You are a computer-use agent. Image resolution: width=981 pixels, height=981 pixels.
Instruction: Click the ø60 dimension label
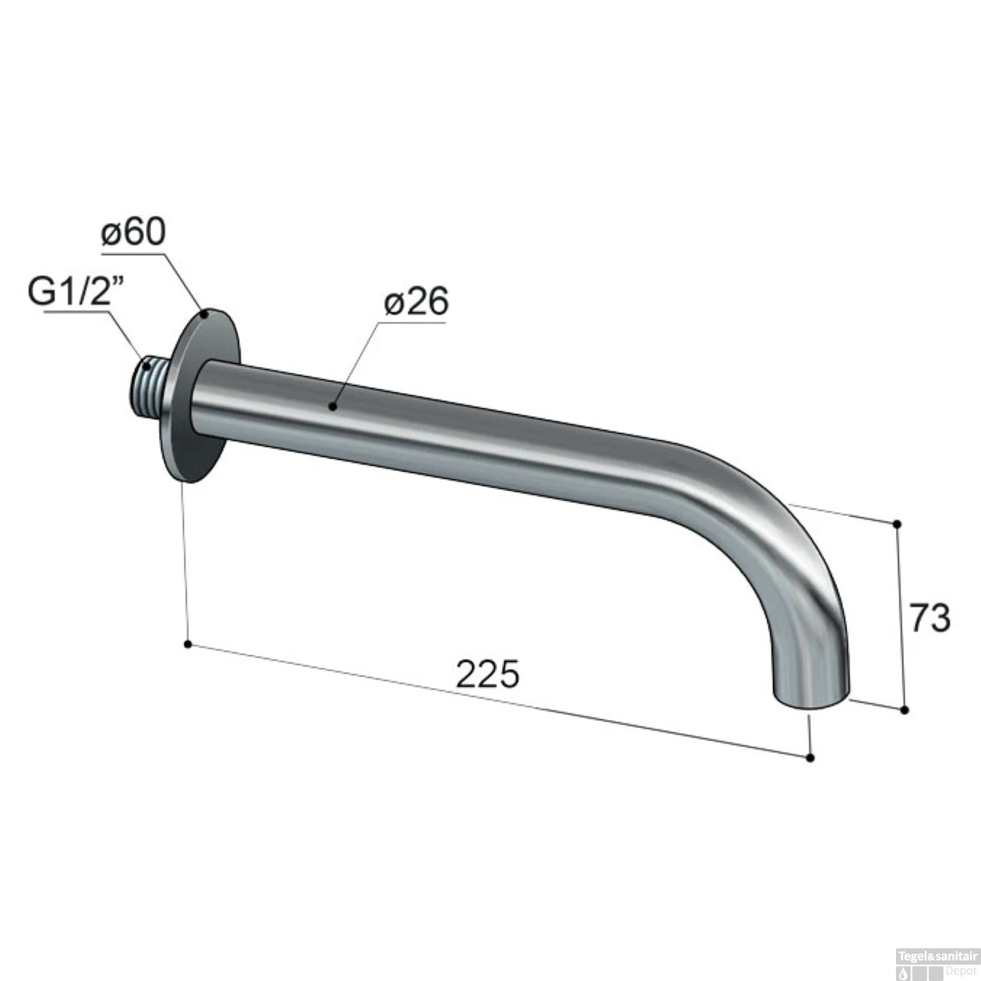(x=133, y=232)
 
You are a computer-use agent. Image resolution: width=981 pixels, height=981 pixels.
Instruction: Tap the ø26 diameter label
(x=416, y=301)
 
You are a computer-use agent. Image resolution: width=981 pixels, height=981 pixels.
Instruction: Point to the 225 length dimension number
(x=487, y=674)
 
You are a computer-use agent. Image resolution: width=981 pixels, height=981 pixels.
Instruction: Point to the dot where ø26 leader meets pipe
(x=332, y=407)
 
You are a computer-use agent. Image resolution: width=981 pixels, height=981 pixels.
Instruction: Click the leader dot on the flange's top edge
(x=205, y=315)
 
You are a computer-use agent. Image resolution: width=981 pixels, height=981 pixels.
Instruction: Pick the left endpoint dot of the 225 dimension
(x=188, y=645)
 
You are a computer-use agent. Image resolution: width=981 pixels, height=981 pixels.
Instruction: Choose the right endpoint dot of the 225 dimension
(x=810, y=758)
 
